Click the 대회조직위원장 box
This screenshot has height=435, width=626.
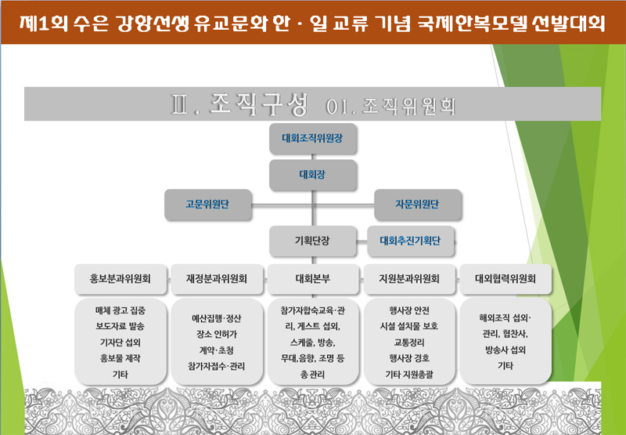312,139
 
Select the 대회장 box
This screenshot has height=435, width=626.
312,175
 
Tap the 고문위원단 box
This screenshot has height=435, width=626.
207,205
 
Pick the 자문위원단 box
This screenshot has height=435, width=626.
418,205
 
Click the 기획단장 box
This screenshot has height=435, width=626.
312,241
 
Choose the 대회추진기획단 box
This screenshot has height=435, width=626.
410,241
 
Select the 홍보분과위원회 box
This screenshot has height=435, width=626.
121,279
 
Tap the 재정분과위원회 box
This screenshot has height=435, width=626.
217,279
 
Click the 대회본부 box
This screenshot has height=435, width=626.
313,279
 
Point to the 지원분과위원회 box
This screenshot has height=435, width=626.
409,279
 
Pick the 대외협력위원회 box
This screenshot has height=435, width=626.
505,279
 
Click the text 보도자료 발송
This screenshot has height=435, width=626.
121,326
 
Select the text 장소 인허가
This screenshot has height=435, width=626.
217,334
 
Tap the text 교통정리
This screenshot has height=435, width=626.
409,343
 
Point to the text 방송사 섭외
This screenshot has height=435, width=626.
505,350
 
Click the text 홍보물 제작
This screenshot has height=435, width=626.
121,358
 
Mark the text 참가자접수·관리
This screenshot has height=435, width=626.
217,366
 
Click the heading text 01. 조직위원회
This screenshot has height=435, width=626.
390,107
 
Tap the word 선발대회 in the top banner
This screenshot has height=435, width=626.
569,24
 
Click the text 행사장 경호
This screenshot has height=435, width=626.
409,358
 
